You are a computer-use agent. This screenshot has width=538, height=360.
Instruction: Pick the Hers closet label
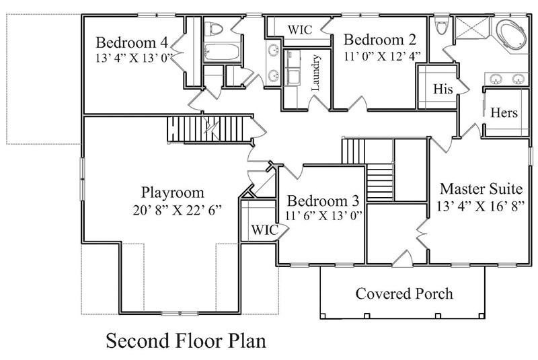(x=504, y=112)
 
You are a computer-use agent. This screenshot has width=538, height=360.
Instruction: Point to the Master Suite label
(x=482, y=188)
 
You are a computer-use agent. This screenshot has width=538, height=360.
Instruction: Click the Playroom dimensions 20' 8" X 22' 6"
(x=178, y=210)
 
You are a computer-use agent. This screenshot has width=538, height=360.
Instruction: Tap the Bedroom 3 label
(x=323, y=201)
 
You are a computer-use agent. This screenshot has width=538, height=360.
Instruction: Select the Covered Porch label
(x=404, y=293)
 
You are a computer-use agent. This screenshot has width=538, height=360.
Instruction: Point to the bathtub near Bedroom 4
(x=221, y=52)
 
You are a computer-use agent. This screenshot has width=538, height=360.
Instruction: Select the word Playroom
(x=173, y=192)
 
